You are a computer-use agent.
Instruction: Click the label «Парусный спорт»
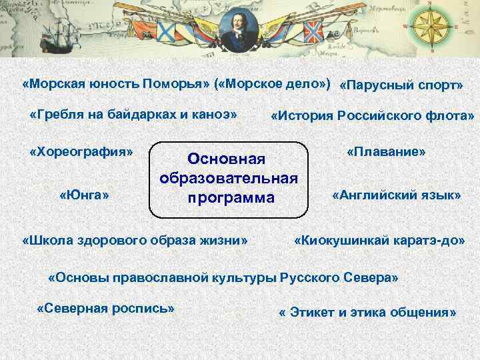tap(401, 86)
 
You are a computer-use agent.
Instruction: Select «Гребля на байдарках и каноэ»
tap(133, 114)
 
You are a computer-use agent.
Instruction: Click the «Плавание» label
tap(386, 152)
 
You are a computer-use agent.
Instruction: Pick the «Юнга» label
tap(85, 195)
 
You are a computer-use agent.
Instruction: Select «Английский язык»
tap(396, 195)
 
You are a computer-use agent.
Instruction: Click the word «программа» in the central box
tap(230, 198)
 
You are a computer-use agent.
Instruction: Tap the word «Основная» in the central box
tap(227, 159)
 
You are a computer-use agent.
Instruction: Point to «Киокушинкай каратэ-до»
tap(379, 239)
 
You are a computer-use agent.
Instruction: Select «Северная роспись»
tap(106, 309)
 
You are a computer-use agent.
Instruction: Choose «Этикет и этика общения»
tap(367, 312)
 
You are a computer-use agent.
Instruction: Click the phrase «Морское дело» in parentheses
tap(273, 85)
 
